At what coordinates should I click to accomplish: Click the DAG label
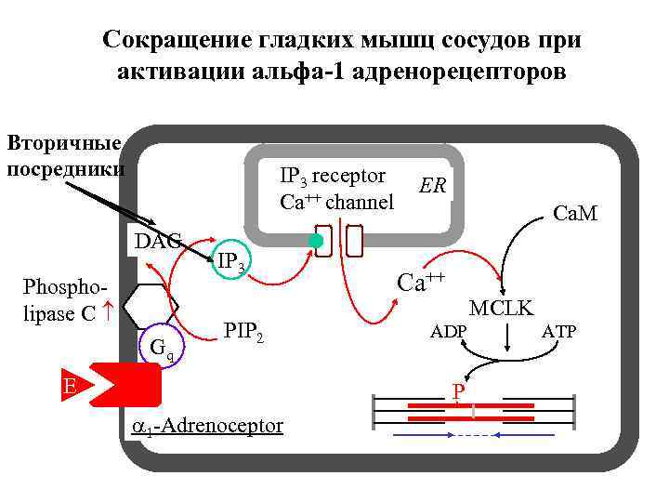[x=156, y=243]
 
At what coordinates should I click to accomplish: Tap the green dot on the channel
[x=316, y=241]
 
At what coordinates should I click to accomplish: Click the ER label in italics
[x=433, y=186]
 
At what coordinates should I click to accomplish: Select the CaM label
[x=574, y=214]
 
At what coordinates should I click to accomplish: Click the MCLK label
[x=501, y=308]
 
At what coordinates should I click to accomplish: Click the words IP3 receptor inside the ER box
[x=333, y=177]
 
